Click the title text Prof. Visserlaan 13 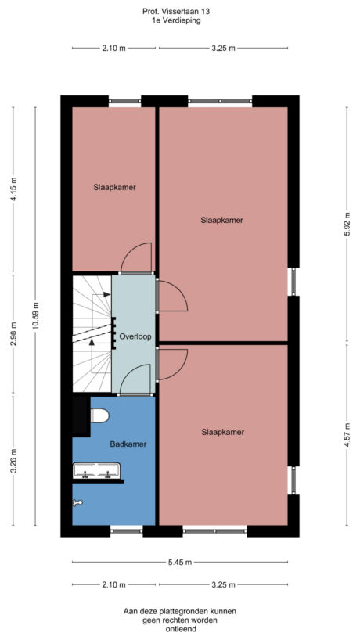(176, 13)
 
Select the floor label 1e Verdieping (176, 21)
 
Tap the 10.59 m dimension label (35, 321)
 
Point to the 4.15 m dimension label (13, 189)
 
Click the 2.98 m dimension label (13, 334)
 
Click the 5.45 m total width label (180, 562)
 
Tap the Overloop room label (135, 336)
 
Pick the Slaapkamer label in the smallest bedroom (115, 187)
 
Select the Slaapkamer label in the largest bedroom (221, 221)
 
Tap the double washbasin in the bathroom (96, 471)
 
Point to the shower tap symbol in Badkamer (77, 503)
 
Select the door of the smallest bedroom (135, 259)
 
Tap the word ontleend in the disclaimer (179, 629)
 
